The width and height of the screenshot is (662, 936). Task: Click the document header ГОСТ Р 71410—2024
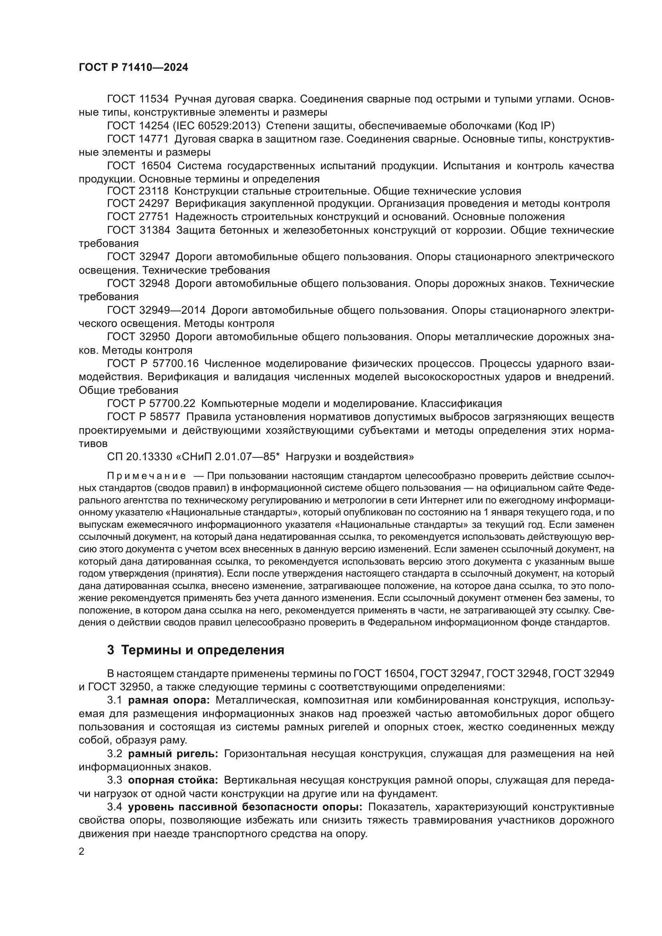coord(133,68)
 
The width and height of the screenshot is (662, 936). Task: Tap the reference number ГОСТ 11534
coord(138,99)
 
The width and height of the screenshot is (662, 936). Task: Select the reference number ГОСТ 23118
coord(138,191)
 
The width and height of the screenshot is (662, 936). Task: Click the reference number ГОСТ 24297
coord(138,204)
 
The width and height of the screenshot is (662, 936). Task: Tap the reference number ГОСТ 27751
coord(138,216)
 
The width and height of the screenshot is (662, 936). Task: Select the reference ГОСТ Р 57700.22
coord(151,404)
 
